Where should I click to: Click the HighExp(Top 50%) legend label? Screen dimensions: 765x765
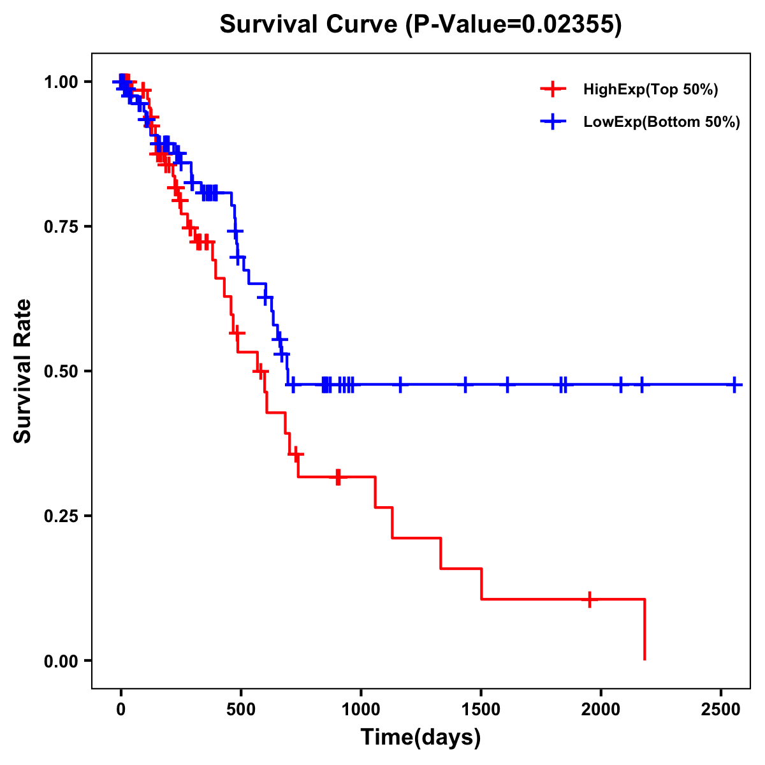coord(650,90)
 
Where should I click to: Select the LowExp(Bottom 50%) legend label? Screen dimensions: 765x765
coord(662,122)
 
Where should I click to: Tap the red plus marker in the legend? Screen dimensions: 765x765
coord(553,90)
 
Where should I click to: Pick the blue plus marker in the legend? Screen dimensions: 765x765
coord(553,122)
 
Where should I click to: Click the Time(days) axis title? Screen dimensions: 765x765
coord(420,738)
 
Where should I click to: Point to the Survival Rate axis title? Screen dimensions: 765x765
coord(24,371)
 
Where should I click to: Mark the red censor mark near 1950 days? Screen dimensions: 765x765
coord(590,599)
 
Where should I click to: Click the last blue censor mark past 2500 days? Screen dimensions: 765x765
coord(734,385)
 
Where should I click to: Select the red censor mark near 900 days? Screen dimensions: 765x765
coord(338,477)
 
